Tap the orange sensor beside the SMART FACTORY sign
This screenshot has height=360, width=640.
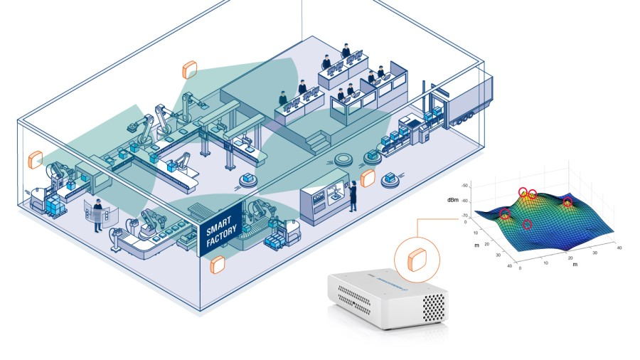[x=218, y=265]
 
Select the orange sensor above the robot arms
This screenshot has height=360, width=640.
[x=190, y=70]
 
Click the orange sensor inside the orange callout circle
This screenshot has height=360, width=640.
[x=415, y=259]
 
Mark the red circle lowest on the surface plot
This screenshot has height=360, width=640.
[x=528, y=225]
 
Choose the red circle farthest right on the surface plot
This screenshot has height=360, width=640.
[x=567, y=203]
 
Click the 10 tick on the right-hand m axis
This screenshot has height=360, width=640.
[x=546, y=263]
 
